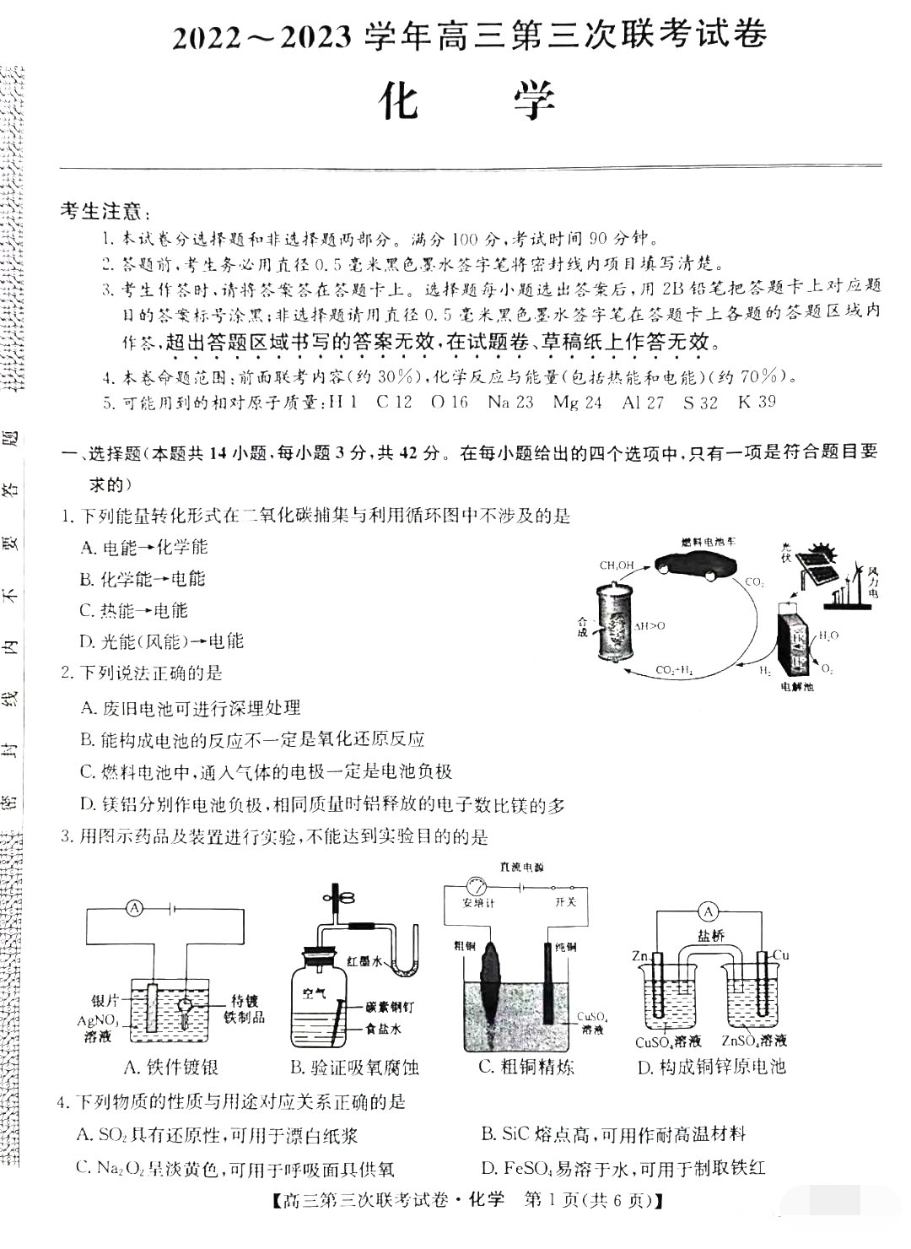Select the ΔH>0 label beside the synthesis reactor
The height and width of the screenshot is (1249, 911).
pyautogui.click(x=650, y=626)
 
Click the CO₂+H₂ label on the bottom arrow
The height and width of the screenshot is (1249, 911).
pyautogui.click(x=674, y=670)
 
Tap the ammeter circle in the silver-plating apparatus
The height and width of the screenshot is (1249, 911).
pyautogui.click(x=135, y=908)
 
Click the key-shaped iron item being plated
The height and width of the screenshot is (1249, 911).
pyautogui.click(x=186, y=1010)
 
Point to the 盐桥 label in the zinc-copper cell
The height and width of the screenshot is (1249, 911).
pyautogui.click(x=710, y=935)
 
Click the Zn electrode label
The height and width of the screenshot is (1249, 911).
pyautogui.click(x=640, y=956)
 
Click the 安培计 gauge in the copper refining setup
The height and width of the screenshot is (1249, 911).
pyautogui.click(x=477, y=888)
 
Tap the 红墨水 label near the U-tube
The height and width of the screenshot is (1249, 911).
pyautogui.click(x=365, y=960)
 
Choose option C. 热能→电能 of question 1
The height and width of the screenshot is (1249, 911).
pyautogui.click(x=134, y=610)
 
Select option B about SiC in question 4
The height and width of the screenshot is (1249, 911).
pyautogui.click(x=613, y=1134)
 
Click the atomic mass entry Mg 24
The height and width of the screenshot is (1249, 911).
pyautogui.click(x=578, y=403)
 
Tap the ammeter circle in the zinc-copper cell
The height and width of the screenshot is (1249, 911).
pyautogui.click(x=709, y=911)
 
